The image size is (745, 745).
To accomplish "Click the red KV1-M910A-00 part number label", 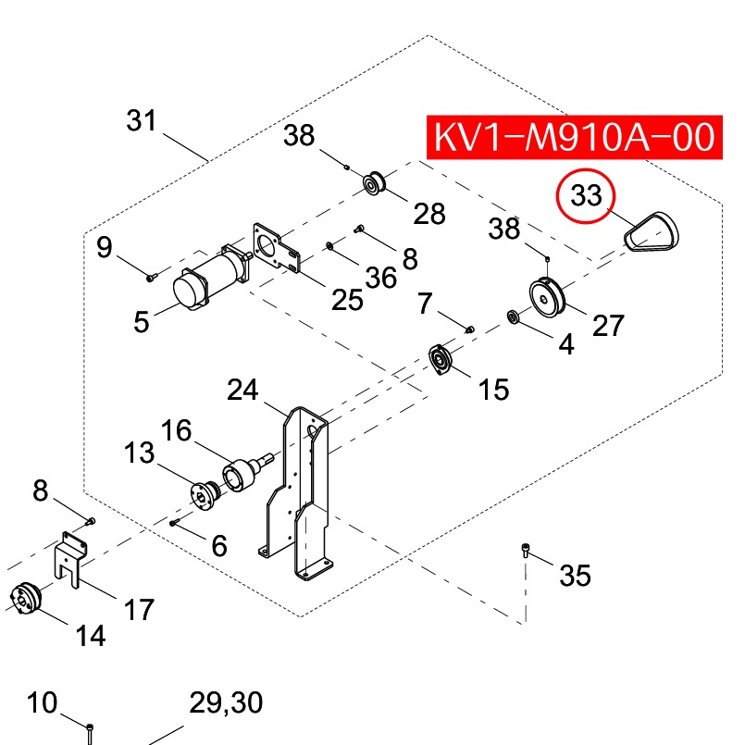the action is (x=574, y=137).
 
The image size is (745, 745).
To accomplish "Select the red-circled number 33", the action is (x=586, y=195).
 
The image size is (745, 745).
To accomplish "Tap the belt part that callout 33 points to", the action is (x=652, y=232).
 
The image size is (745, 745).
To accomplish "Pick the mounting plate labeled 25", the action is (x=277, y=248).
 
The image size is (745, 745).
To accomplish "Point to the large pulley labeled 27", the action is (x=547, y=296).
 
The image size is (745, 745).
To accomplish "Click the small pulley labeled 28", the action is (x=374, y=182).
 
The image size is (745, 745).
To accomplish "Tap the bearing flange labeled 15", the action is (x=441, y=359).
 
